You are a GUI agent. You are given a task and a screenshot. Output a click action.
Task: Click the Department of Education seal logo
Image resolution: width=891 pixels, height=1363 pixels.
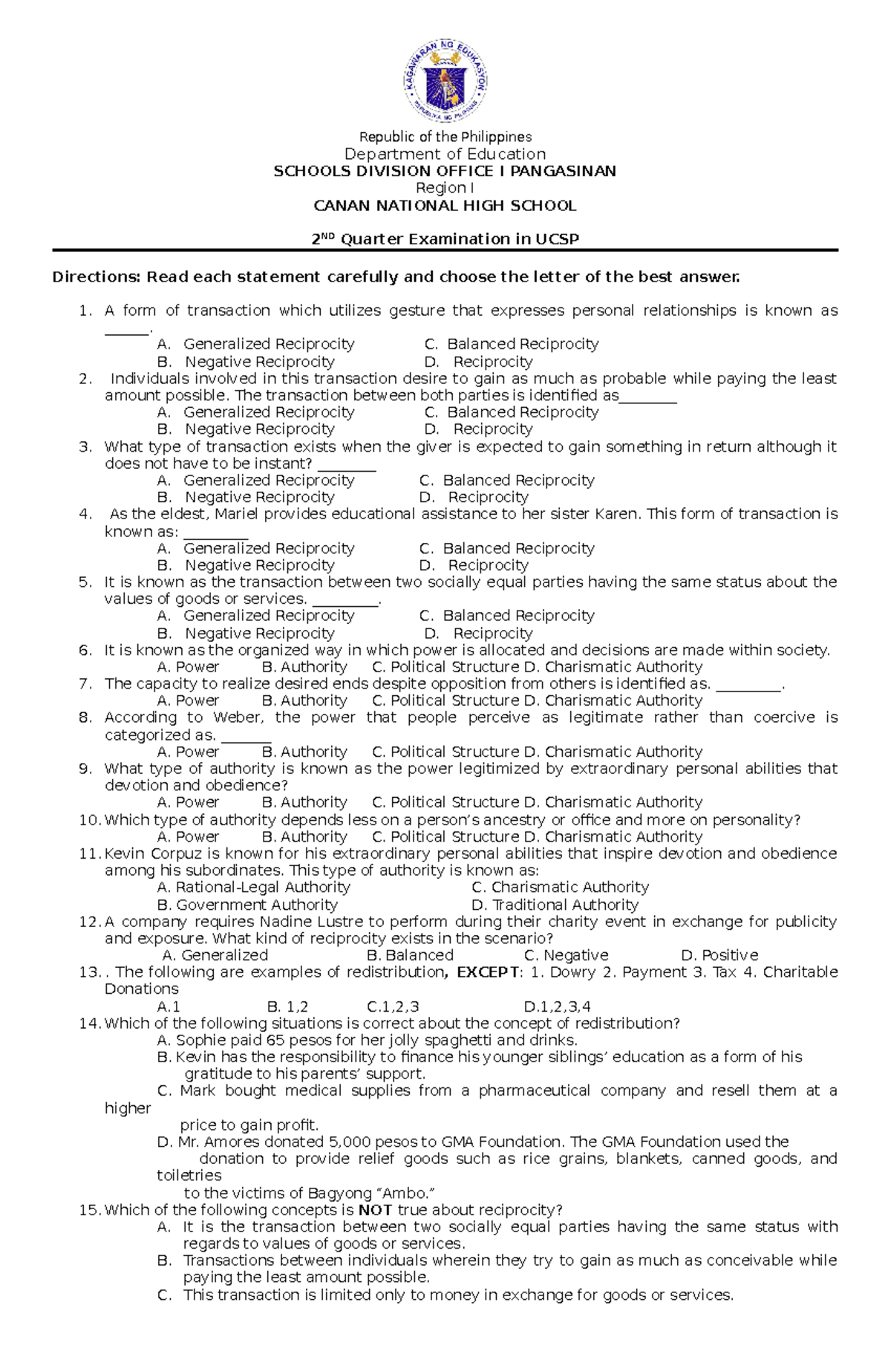click(446, 81)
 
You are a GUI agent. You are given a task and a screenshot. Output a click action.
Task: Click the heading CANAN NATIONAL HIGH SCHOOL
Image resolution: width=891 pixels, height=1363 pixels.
click(445, 206)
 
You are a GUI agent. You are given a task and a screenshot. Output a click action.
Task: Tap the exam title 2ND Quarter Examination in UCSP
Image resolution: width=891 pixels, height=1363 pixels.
click(445, 239)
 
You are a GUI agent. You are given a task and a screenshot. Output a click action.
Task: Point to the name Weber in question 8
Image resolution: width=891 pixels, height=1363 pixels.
click(238, 718)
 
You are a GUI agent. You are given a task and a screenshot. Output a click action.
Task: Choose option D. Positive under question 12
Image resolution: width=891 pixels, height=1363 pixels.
click(719, 955)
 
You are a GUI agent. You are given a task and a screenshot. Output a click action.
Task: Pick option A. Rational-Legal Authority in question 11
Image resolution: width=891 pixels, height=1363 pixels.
click(254, 888)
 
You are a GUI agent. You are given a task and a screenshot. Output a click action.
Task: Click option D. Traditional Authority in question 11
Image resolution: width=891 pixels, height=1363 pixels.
click(555, 905)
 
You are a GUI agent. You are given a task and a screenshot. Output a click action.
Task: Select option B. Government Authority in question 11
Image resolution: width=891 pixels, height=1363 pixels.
click(247, 905)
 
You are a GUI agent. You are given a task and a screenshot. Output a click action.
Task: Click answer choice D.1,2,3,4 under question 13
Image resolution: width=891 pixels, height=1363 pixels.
click(557, 1007)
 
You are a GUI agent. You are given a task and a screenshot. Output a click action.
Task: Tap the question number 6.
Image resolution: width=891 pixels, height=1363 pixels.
click(85, 651)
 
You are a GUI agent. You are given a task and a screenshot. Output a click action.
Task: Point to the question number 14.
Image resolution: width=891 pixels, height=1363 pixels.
click(88, 1024)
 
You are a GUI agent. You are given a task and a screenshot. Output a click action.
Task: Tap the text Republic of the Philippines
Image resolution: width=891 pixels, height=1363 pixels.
click(446, 137)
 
